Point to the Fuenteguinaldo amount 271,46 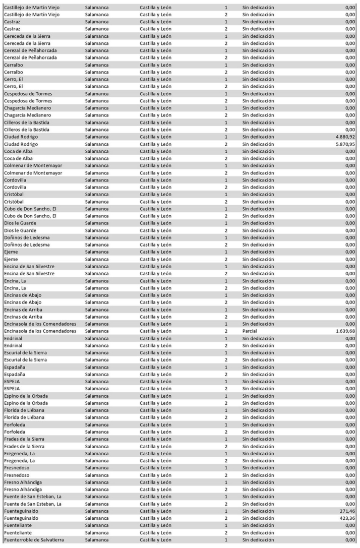347,511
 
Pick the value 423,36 347,518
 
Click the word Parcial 250,331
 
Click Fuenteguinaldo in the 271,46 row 21,511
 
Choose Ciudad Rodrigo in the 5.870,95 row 21,144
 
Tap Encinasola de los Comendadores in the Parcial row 40,331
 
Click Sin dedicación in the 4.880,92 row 258,137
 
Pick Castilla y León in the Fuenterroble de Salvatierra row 156,540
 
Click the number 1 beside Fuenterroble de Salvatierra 226,540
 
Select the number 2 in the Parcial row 226,331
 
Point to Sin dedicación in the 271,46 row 258,511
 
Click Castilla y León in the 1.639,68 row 156,331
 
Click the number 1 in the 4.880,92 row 226,137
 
